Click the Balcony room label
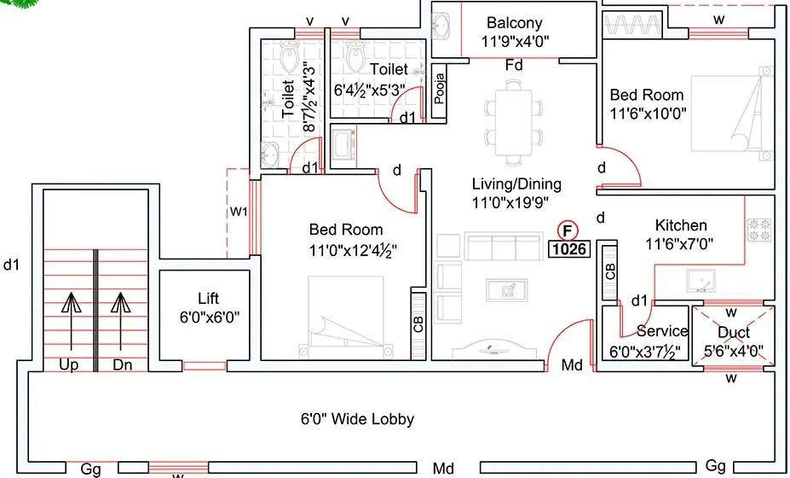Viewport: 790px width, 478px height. click(514, 23)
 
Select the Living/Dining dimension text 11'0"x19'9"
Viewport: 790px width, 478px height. click(510, 202)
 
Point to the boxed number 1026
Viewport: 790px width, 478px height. click(568, 250)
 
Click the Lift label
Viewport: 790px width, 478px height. click(208, 298)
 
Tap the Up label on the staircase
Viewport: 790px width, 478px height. click(70, 364)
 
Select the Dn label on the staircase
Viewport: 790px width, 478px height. click(123, 364)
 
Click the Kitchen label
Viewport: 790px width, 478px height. click(680, 225)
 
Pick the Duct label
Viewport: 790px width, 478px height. click(733, 332)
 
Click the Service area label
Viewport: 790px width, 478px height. click(662, 331)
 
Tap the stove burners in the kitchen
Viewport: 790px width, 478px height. click(758, 229)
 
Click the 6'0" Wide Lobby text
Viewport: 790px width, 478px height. click(358, 419)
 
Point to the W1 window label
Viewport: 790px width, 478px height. click(238, 212)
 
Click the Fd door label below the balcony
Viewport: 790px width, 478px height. click(513, 66)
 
